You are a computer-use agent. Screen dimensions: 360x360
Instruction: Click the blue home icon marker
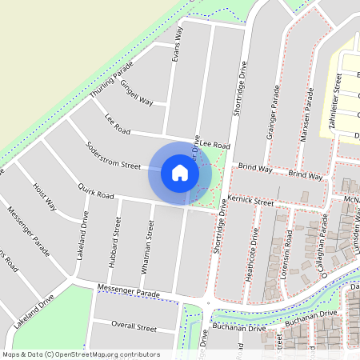pyautogui.click(x=180, y=172)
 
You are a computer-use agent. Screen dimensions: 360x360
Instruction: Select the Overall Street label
pyautogui.click(x=134, y=327)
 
